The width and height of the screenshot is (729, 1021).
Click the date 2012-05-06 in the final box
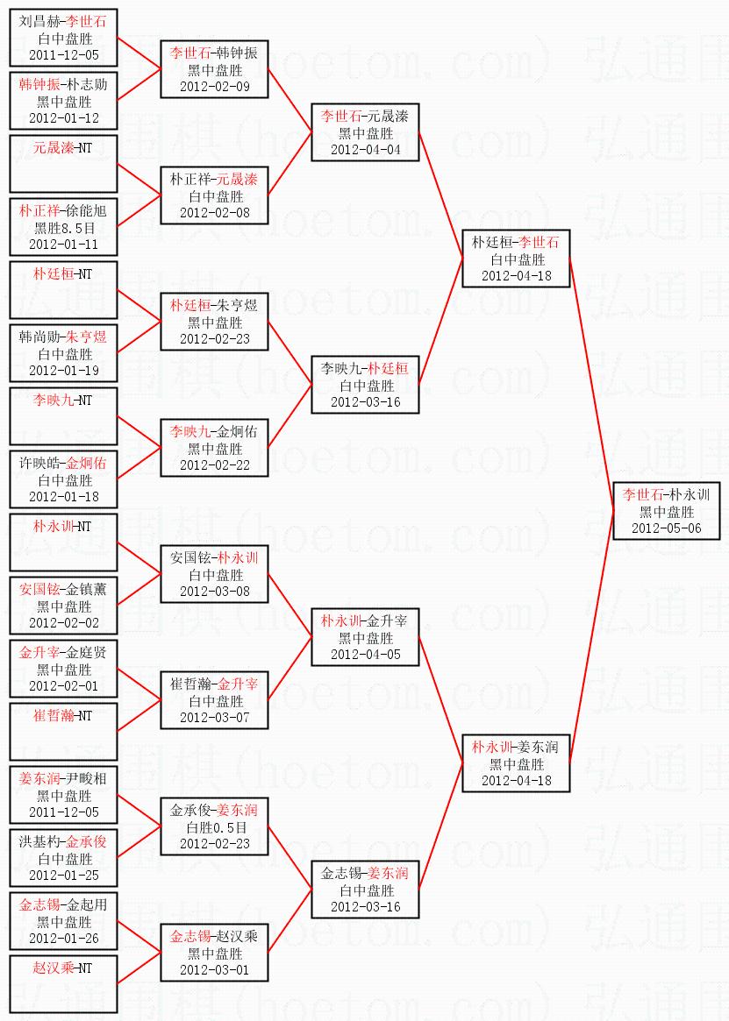[666, 528]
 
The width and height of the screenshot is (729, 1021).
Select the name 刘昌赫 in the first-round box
[39, 22]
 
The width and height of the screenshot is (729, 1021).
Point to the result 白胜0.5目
[216, 827]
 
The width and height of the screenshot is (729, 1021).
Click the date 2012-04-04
[365, 149]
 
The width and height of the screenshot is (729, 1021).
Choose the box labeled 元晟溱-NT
[63, 164]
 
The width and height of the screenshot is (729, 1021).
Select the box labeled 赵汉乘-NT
[63, 984]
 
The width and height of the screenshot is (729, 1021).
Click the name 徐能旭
[86, 211]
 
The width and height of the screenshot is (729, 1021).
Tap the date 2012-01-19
[64, 371]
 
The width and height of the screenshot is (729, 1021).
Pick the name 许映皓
[39, 464]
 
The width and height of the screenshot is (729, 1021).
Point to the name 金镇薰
[86, 590]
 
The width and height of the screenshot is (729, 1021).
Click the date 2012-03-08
[215, 592]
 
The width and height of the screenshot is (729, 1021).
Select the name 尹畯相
[86, 779]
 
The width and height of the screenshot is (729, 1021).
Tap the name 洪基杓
[39, 842]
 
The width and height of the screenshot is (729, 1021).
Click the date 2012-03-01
[215, 969]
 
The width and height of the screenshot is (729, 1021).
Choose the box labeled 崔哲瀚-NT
[63, 732]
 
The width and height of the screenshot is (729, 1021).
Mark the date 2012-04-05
[365, 655]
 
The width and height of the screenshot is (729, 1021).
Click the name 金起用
[86, 905]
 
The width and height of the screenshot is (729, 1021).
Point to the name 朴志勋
[86, 85]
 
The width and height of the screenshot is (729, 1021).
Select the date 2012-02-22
[215, 464]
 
